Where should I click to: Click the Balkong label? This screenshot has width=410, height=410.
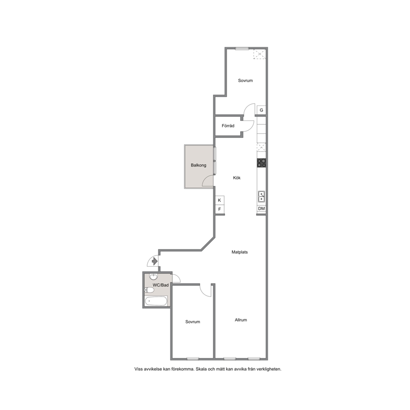(198, 165)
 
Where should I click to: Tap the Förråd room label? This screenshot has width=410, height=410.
(228, 126)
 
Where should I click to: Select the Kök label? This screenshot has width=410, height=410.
(237, 178)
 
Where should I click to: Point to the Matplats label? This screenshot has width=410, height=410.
(240, 252)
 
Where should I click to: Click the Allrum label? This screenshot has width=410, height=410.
(241, 320)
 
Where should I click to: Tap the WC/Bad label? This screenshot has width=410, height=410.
(160, 285)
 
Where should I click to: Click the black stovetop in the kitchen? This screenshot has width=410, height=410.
(262, 163)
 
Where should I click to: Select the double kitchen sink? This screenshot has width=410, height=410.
(262, 197)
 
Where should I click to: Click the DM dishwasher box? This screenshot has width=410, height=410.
(262, 209)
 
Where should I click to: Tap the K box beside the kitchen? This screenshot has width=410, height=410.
(219, 200)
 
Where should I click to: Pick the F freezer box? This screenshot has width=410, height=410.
(219, 209)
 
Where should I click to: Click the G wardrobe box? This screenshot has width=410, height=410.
(261, 110)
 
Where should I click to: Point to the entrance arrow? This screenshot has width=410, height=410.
(155, 261)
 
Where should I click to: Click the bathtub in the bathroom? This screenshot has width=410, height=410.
(156, 301)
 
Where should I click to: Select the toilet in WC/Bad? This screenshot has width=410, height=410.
(149, 290)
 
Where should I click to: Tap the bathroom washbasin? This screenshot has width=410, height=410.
(153, 277)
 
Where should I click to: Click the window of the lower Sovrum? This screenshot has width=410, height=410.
(193, 358)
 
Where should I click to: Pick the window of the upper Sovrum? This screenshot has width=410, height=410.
(242, 48)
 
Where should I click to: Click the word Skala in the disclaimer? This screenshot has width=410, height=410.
(201, 369)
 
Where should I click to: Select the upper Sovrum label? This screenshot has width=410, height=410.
(245, 81)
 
